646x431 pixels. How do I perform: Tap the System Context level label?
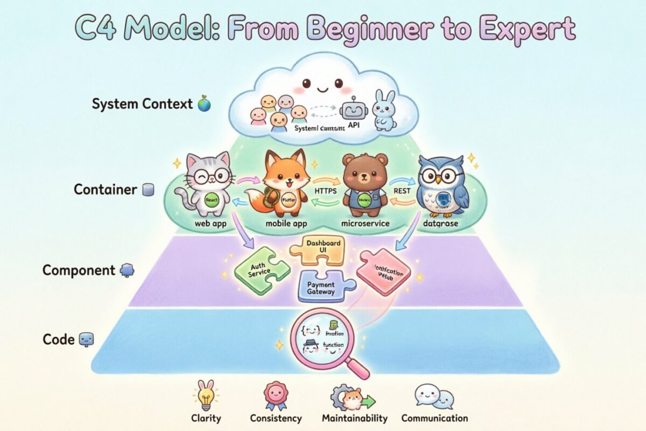[142, 104]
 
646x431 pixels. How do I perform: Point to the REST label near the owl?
[401, 191]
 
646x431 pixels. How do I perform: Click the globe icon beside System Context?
[205, 104]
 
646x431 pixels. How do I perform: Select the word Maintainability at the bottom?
[354, 418]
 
